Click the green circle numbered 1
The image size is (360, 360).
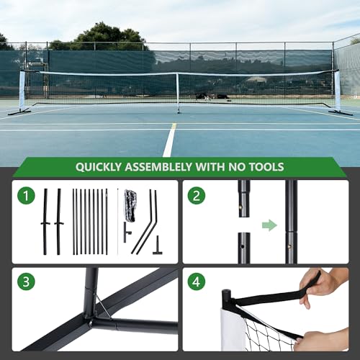coord(26,195)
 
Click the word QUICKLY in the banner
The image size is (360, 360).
coord(102,167)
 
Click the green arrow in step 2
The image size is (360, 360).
coord(269,225)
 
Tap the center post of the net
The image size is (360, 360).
coord(178,92)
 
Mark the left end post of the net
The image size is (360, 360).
coord(22,91)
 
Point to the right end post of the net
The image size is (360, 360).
coord(338,91)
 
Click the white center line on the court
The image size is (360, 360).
coord(170,140)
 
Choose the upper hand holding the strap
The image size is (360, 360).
coord(325,282)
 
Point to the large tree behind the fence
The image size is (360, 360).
coord(108,36)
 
